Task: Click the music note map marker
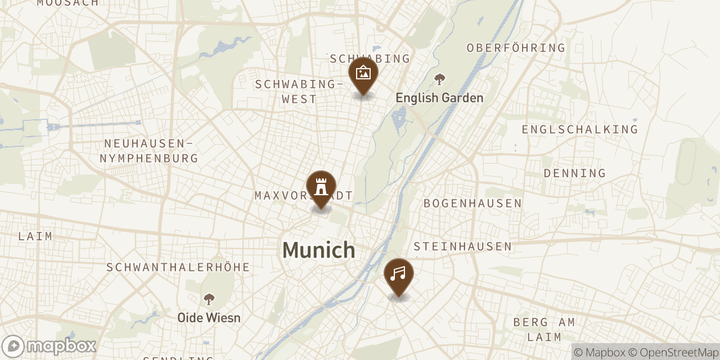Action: click(x=398, y=275)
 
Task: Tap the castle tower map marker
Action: click(x=321, y=187)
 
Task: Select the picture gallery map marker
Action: click(x=363, y=74)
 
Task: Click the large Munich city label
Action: click(x=319, y=250)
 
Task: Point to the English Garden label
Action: click(x=439, y=98)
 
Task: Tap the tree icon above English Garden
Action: click(x=439, y=79)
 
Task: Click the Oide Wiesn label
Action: click(x=209, y=318)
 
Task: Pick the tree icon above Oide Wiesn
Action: click(x=209, y=299)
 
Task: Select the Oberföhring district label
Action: click(x=516, y=48)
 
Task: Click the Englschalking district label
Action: click(x=579, y=129)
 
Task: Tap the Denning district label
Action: click(x=574, y=173)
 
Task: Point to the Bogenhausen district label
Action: click(x=472, y=203)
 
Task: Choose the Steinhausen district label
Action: click(x=462, y=246)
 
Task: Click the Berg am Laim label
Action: click(x=544, y=330)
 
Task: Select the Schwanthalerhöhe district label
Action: click(x=178, y=267)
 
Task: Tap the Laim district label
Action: click(x=35, y=236)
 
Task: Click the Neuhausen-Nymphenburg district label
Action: click(x=149, y=151)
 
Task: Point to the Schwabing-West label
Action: click(x=299, y=92)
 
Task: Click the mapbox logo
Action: click(x=49, y=346)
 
